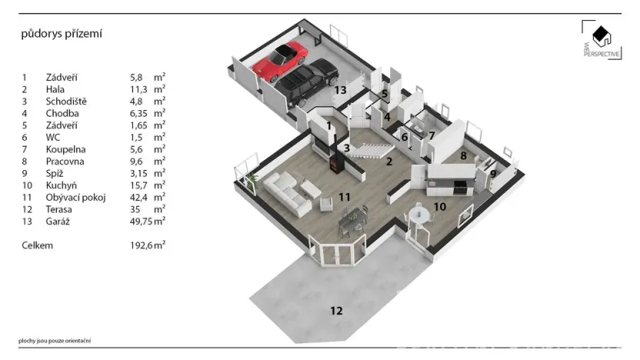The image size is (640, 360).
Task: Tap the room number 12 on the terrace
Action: (336, 311)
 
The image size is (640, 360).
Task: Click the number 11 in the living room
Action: (344, 197)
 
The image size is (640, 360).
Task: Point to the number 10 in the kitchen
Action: (438, 206)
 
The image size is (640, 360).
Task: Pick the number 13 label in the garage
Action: (341, 90)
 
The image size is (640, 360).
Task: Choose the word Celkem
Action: (38, 245)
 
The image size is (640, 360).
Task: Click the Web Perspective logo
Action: (599, 42)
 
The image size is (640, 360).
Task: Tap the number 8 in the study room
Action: (464, 155)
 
